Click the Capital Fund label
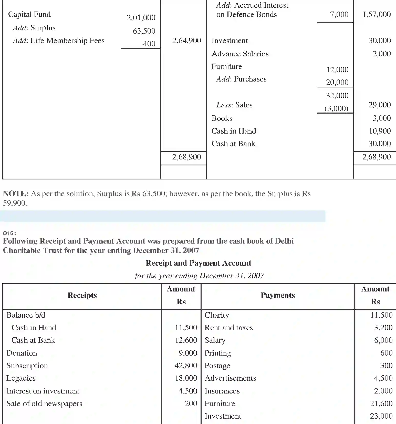coord(29,14)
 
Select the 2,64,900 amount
coord(186,41)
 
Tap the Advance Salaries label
coord(240,54)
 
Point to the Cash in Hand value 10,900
coord(380,131)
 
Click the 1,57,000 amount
coord(377,14)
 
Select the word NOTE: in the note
coord(16,194)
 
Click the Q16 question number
coord(9,233)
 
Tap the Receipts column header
coord(82,295)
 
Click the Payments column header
coord(278,295)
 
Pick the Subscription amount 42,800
coord(186,365)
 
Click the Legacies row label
coord(21,378)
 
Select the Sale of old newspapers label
coord(44,403)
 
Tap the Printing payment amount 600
coord(386,353)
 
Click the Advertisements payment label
coord(230,378)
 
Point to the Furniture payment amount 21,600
coord(381,403)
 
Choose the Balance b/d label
coord(26,315)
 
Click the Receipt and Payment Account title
coord(198,263)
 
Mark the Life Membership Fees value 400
coord(149,44)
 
